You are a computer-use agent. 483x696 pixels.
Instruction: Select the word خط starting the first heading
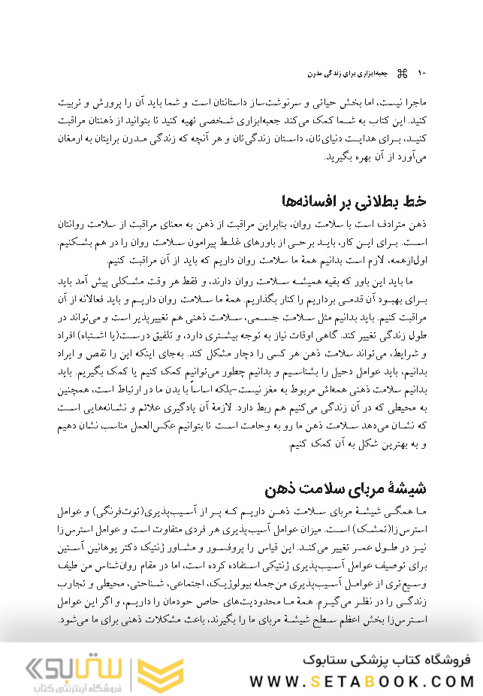pos(416,201)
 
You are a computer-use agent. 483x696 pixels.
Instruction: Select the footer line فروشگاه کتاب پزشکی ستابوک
pos(385,660)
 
